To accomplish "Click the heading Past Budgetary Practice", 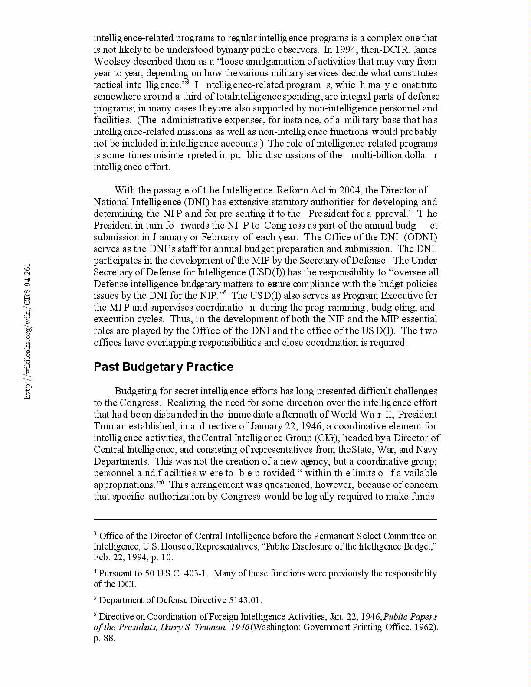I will pyautogui.click(x=164, y=367).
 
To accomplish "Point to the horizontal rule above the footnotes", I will pyautogui.click(x=265, y=519).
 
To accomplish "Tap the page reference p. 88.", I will pyautogui.click(x=104, y=639).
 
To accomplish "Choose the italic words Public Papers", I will pyautogui.click(x=410, y=617).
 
